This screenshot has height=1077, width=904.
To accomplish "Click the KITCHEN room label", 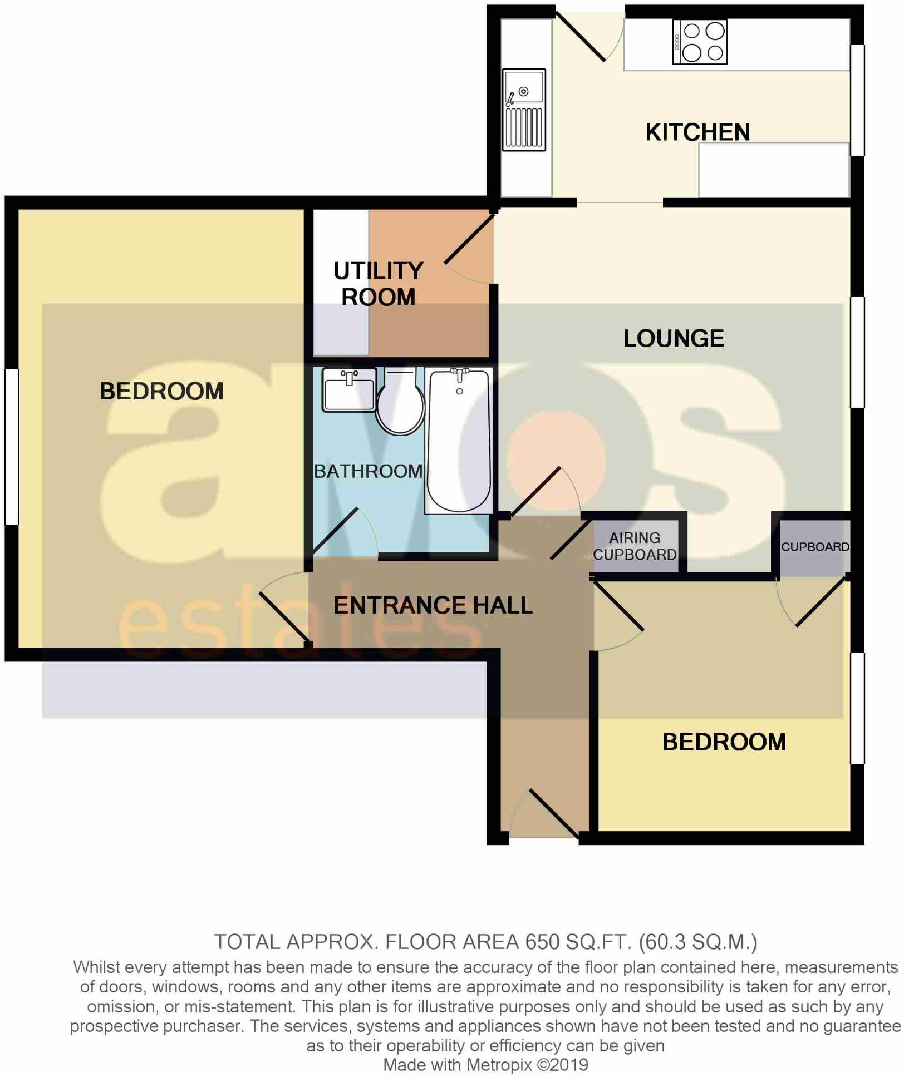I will click(697, 132).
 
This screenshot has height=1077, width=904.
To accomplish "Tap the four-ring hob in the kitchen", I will click(700, 42).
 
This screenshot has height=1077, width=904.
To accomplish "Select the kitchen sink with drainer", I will click(523, 110).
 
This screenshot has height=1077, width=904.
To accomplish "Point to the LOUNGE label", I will click(673, 338).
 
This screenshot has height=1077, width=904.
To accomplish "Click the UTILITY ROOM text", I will click(378, 284).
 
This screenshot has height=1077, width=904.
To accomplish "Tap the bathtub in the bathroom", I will click(458, 440).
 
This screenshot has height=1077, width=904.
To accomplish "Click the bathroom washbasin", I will click(348, 389).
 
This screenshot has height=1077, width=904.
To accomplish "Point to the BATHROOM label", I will click(368, 471).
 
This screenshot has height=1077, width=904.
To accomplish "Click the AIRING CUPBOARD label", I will click(634, 546).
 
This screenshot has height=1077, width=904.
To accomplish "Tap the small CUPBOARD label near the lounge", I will click(814, 546).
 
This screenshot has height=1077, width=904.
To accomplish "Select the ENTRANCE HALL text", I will click(433, 605).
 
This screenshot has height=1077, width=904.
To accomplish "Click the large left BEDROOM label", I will click(161, 391).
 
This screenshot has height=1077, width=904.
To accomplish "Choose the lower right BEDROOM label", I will click(724, 742).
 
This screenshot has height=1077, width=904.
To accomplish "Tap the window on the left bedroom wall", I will click(12, 447).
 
